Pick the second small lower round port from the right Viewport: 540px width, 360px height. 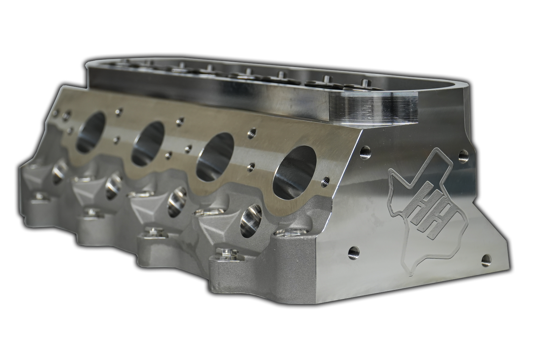176,203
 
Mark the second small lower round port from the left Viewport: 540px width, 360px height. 114,186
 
